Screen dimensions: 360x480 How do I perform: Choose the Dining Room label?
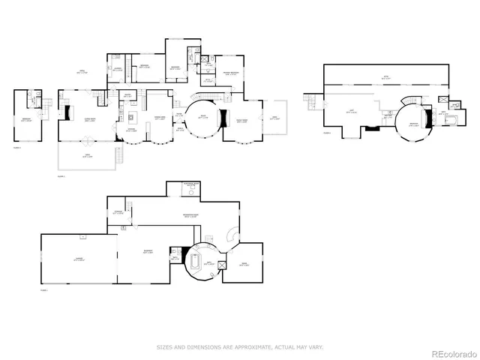[160, 118]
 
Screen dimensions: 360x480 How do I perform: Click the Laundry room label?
[128, 94]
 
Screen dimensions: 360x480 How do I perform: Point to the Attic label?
[386, 76]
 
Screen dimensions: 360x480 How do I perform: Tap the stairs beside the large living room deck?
[118, 155]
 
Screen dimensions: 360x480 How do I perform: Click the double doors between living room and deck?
[88, 140]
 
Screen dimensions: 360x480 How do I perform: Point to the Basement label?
[148, 252]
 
